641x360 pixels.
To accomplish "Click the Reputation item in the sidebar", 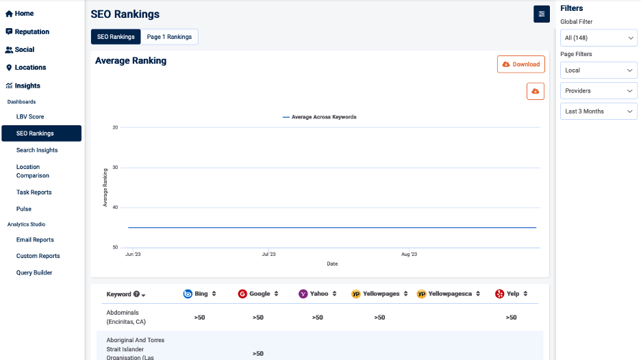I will pos(32,31).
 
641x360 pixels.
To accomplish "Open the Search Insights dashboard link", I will pos(37,150).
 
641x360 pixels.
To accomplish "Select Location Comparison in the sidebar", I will pos(33,171).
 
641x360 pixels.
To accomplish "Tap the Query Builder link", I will pos(34,272).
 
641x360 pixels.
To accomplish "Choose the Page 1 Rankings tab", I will pos(169,37).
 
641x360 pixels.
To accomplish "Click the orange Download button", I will pos(521,64).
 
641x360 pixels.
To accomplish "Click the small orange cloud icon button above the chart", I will pos(536,91).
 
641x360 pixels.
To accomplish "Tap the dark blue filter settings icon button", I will pos(542,14).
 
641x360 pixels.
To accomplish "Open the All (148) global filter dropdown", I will pos(599,38).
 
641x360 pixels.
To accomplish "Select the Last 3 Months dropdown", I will pos(599,112).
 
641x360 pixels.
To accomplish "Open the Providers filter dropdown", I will pos(599,91).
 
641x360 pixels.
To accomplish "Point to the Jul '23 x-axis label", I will pos(268,255).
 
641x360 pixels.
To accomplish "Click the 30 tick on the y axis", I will pos(115,168).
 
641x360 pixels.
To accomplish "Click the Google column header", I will pos(260,294).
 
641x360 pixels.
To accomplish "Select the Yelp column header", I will pos(512,294).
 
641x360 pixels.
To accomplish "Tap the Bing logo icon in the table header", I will pos(188,294).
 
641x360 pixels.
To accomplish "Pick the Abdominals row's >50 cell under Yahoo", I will pos(317,318).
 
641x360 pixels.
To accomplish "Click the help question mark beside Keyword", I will pos(136,294).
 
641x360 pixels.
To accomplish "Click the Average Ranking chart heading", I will pos(131,61).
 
